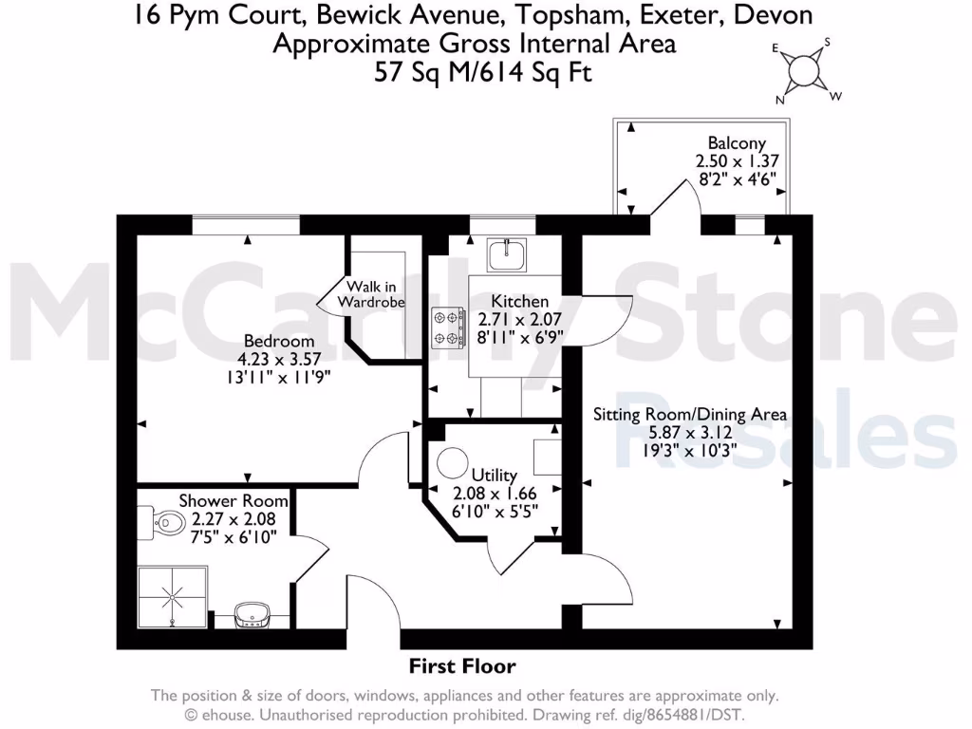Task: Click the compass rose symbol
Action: tap(805, 70)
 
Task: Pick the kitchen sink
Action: tap(506, 253)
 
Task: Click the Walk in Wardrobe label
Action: tap(375, 294)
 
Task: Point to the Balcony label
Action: tap(737, 143)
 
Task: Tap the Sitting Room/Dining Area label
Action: tap(690, 415)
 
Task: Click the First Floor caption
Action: tap(462, 665)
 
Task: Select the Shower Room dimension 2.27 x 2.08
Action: tap(234, 519)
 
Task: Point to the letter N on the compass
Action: tap(781, 99)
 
